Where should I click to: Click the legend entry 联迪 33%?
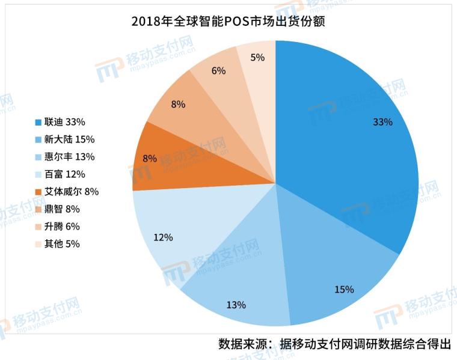coord(66,122)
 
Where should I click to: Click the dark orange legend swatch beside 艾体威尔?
coord(38,192)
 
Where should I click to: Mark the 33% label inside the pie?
coord(382,122)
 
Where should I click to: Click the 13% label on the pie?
coord(236,305)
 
